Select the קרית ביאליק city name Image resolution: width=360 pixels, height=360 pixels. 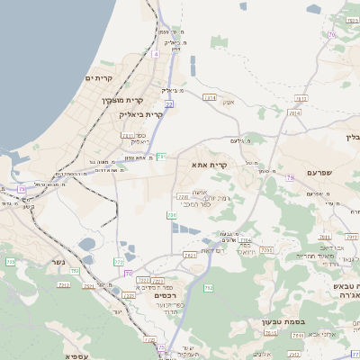[x=141, y=114]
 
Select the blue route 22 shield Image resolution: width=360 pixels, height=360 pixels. [x=169, y=104]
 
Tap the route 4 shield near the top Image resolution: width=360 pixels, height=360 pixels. [x=155, y=54]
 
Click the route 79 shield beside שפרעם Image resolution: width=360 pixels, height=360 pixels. [x=290, y=178]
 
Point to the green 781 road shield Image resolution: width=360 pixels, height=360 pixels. [x=161, y=157]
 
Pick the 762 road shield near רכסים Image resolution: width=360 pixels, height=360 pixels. [x=209, y=287]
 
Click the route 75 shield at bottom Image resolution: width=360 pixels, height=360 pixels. [x=162, y=346]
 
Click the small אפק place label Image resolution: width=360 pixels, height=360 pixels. [x=228, y=102]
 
